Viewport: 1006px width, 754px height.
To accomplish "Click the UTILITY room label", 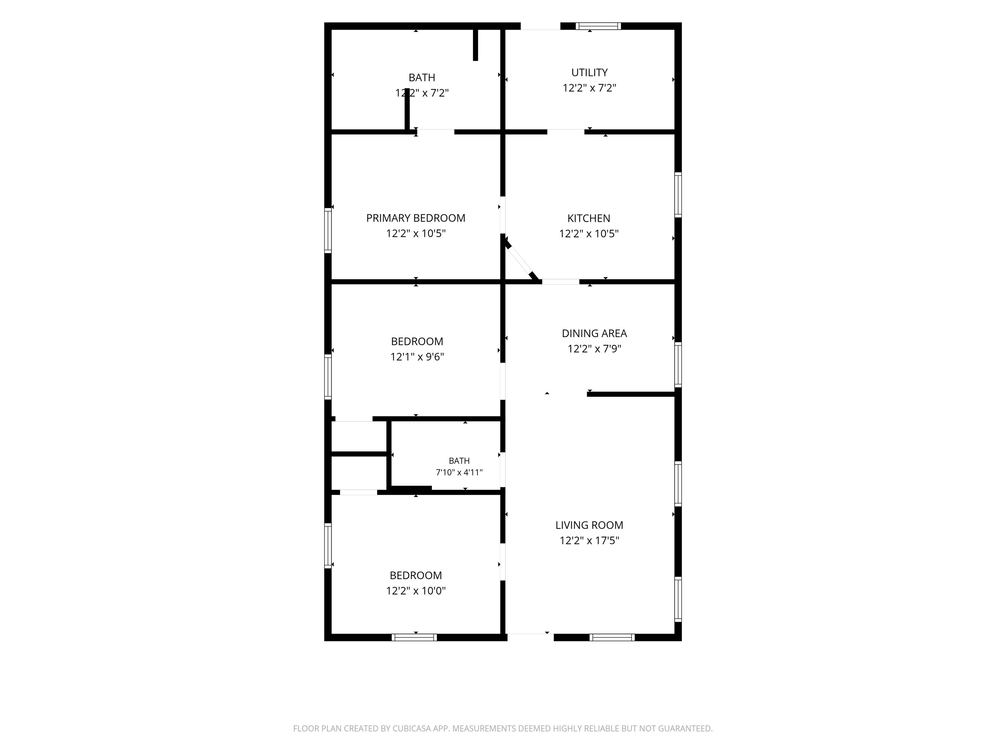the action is (589, 72).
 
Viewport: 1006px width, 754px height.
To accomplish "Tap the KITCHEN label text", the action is (588, 218).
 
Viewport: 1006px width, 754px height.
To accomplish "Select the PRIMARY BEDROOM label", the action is (416, 218).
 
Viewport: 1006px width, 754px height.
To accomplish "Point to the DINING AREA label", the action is (594, 333).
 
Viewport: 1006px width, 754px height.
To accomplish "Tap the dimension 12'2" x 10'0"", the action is (416, 590).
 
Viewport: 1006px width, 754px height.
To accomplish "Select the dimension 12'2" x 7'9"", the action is (594, 349).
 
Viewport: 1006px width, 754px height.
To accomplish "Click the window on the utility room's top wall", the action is (598, 26).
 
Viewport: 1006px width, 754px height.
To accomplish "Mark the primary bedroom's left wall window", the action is (328, 230).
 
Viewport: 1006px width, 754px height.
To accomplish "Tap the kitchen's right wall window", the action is (678, 195).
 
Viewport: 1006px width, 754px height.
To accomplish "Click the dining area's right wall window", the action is (678, 365).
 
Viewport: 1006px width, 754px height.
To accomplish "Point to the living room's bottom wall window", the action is (612, 637).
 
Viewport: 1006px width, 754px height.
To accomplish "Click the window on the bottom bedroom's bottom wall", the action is (414, 637).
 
